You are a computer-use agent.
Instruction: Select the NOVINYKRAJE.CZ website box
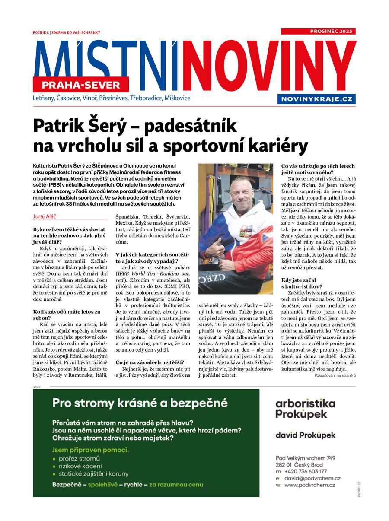coord(317,99)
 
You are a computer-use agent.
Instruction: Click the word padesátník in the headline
coord(190,126)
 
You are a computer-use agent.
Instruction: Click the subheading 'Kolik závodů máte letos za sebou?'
coord(67,314)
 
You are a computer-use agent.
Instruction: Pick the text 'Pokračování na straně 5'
coord(335,375)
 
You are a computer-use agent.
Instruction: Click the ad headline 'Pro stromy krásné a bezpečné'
coord(140,403)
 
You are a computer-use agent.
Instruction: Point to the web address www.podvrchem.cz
coord(310,485)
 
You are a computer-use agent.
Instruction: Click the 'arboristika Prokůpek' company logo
coord(305,409)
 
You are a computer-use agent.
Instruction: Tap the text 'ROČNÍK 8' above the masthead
coord(41,33)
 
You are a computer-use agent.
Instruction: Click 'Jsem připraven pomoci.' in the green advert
coord(90,450)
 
